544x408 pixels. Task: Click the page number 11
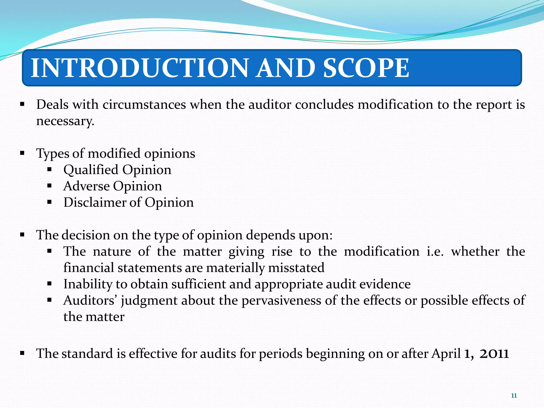click(514, 396)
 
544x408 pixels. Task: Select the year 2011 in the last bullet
click(494, 354)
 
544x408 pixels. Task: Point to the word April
click(446, 354)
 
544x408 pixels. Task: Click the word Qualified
click(91, 170)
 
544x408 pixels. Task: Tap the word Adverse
click(86, 186)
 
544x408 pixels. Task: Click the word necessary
click(65, 121)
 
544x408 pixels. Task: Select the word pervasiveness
click(281, 301)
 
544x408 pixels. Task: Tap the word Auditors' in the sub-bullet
click(90, 301)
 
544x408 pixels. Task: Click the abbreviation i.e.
click(435, 252)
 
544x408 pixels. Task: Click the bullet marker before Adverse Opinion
click(49, 186)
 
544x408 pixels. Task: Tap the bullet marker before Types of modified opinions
click(22, 153)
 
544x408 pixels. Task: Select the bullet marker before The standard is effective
click(22, 353)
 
